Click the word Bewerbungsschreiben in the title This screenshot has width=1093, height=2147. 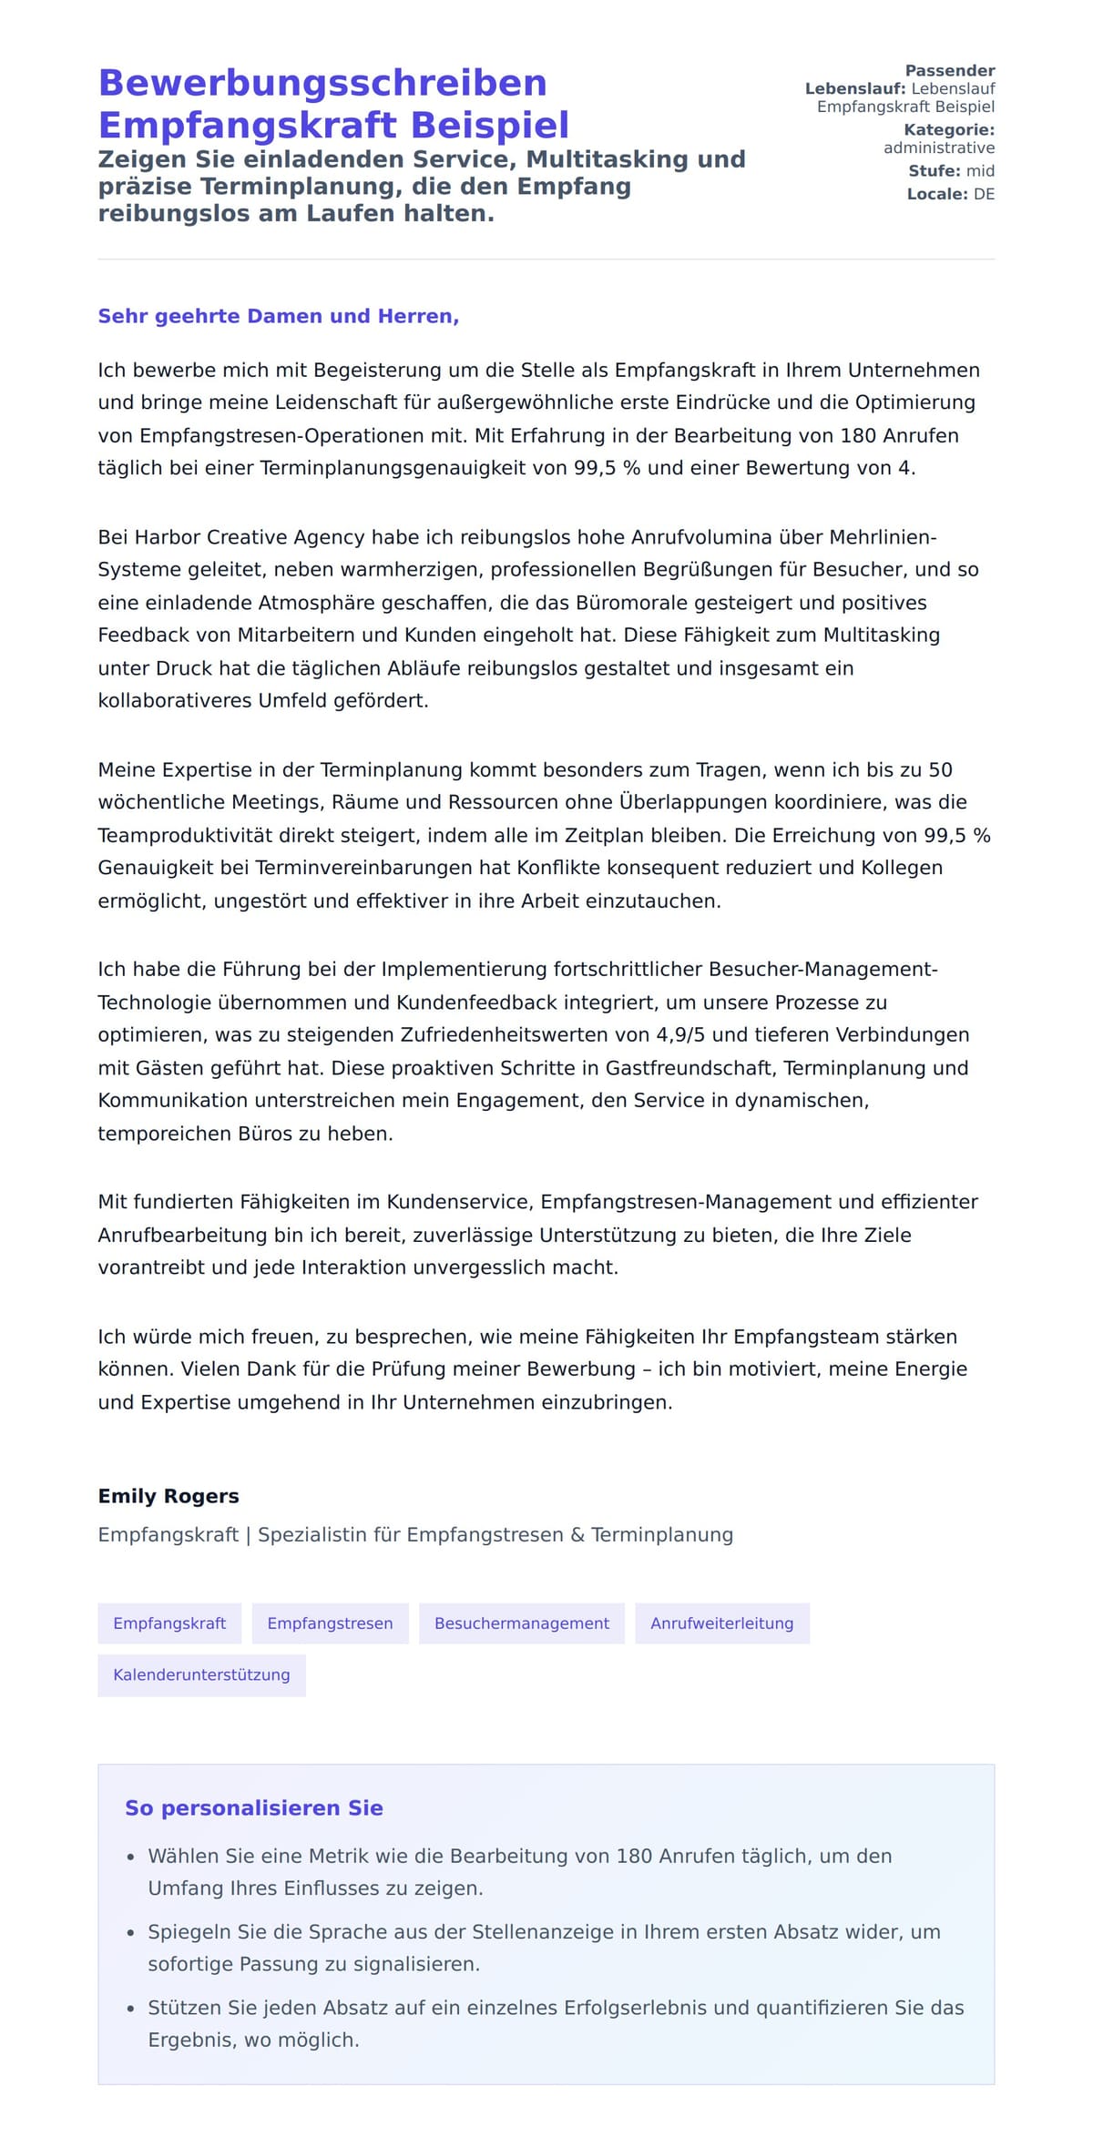pyautogui.click(x=322, y=83)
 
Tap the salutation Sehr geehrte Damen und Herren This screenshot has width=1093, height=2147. pyautogui.click(x=278, y=316)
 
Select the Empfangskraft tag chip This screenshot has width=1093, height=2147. pyautogui.click(x=169, y=1623)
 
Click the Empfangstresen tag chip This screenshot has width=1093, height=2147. pyautogui.click(x=330, y=1623)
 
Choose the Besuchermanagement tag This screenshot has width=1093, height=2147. pyautogui.click(x=521, y=1623)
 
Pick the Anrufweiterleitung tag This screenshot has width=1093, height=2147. pyautogui.click(x=721, y=1623)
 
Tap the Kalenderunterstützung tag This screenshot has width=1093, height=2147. pyautogui.click(x=201, y=1674)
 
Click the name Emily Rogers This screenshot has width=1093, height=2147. pyautogui.click(x=169, y=1496)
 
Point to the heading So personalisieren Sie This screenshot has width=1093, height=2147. pyautogui.click(x=253, y=1807)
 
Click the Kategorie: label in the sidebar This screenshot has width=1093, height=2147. pyautogui.click(x=948, y=130)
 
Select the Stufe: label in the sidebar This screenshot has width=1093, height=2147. pyautogui.click(x=934, y=171)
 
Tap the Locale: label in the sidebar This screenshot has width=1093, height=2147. pyautogui.click(x=936, y=194)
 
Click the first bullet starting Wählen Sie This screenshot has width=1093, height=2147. pyautogui.click(x=519, y=1871)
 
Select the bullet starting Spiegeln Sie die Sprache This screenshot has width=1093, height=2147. pyautogui.click(x=544, y=1947)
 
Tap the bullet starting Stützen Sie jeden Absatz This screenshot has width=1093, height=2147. pyautogui.click(x=556, y=2022)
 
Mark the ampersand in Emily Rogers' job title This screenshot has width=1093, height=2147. pyautogui.click(x=577, y=1534)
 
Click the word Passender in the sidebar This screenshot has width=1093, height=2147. pyautogui.click(x=949, y=70)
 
